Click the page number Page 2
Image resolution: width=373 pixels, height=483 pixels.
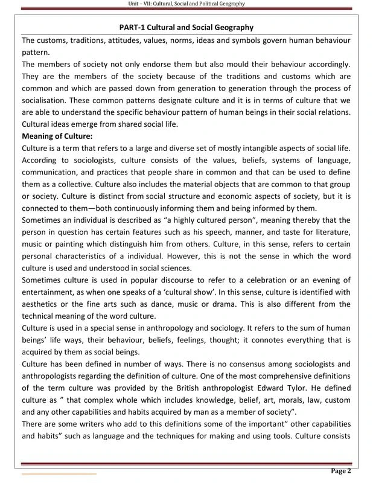click(341, 470)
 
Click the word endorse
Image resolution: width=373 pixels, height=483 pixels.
click(160, 64)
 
